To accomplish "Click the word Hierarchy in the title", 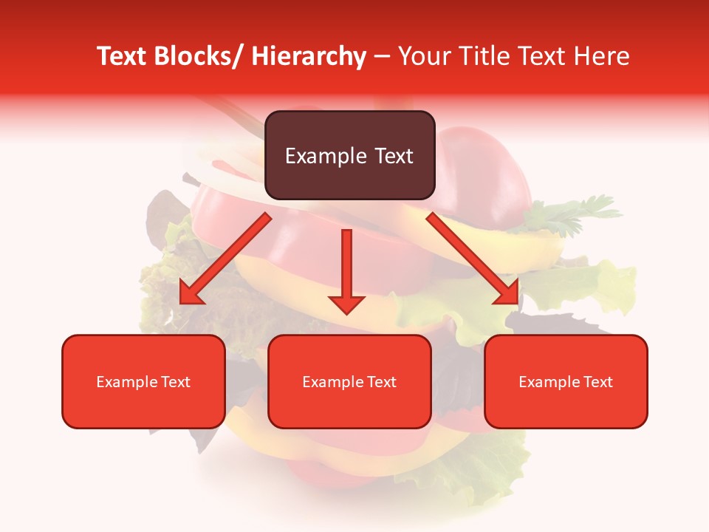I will point(309,57).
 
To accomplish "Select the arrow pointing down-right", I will point(473,259).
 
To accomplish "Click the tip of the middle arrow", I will point(346,313).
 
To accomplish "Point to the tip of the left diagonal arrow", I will point(181,303).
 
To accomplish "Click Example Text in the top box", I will point(349,156).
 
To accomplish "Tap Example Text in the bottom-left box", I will point(143,382).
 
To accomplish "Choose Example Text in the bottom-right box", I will point(566,382).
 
